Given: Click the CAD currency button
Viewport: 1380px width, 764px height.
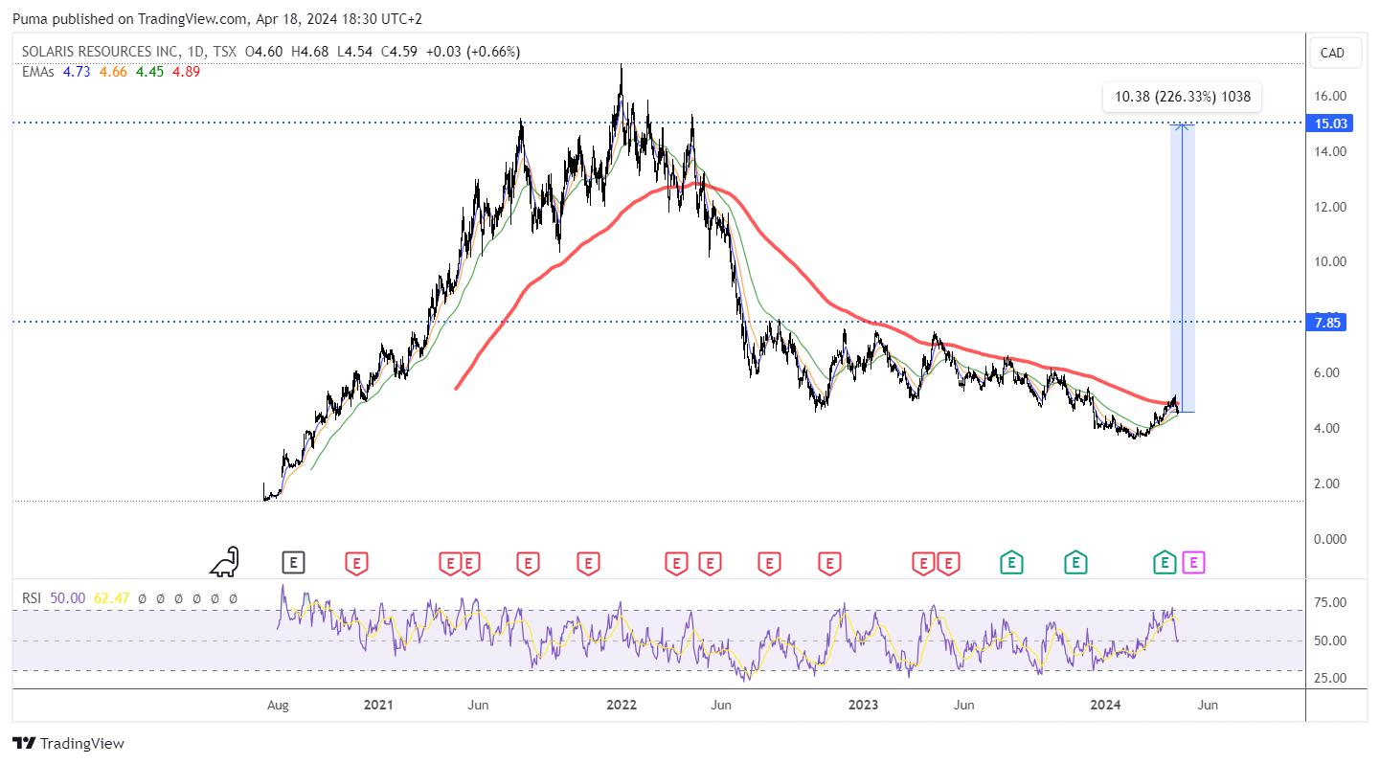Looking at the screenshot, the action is pyautogui.click(x=1332, y=53).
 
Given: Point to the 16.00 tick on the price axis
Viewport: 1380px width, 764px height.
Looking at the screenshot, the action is pyautogui.click(x=1330, y=96).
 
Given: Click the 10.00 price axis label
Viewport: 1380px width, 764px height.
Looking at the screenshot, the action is pyautogui.click(x=1330, y=262).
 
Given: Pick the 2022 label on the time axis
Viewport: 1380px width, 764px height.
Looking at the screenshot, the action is pyautogui.click(x=621, y=705).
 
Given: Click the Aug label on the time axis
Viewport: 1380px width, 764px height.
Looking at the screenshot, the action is pyautogui.click(x=278, y=705).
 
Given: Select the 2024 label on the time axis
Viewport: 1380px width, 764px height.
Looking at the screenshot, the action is pyautogui.click(x=1105, y=705).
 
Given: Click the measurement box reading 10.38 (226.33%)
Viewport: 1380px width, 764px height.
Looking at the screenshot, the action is pyautogui.click(x=1182, y=97).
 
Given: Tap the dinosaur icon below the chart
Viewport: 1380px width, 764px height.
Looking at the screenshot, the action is pyautogui.click(x=225, y=562).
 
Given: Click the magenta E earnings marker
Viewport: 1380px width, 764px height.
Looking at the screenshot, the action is pyautogui.click(x=1193, y=563).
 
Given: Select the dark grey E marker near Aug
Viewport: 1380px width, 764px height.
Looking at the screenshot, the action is pyautogui.click(x=293, y=563).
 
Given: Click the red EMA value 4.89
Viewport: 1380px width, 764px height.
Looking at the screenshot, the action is pyautogui.click(x=186, y=72).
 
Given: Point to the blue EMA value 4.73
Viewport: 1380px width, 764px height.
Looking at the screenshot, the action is pyautogui.click(x=77, y=72).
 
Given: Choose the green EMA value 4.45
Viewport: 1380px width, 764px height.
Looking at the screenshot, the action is pyautogui.click(x=149, y=72).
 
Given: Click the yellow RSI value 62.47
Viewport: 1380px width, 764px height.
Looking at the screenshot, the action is pyautogui.click(x=111, y=598).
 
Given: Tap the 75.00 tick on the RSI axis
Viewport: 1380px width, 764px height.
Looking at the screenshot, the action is pyautogui.click(x=1330, y=602).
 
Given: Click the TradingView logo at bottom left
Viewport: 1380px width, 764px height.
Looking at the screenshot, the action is pyautogui.click(x=68, y=744).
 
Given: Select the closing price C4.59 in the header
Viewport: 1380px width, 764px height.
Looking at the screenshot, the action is pyautogui.click(x=398, y=52).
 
